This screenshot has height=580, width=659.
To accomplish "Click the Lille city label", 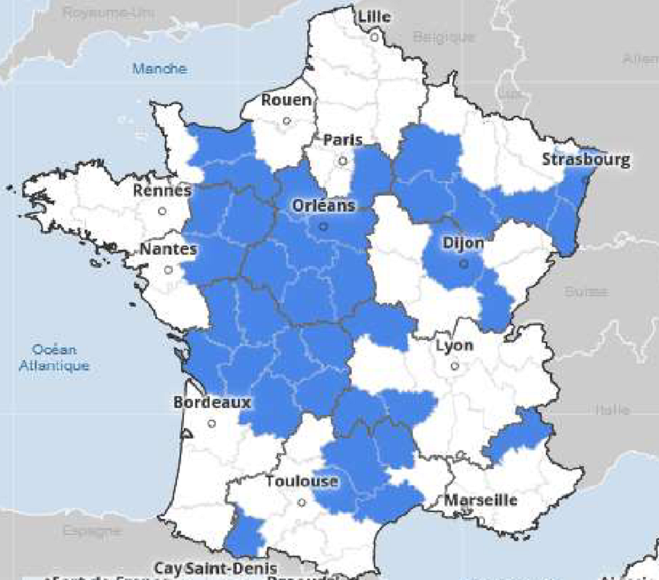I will tap(375, 17).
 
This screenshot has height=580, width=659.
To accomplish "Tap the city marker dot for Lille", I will tap(374, 37).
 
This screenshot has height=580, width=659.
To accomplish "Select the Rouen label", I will tap(286, 101).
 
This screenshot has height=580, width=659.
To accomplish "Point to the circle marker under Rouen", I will tap(286, 121).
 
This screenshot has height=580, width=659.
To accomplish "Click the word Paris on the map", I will tap(343, 140).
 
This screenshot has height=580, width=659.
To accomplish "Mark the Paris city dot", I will tap(343, 161).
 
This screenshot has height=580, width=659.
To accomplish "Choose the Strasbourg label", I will tap(587, 160).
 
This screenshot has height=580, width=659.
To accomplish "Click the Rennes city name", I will tap(162, 190).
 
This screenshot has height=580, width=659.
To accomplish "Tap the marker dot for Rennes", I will tap(162, 211).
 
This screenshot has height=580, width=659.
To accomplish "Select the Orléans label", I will tap(323, 206).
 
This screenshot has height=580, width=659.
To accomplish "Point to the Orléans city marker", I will tap(323, 226).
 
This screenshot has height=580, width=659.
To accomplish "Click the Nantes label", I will tap(169, 249).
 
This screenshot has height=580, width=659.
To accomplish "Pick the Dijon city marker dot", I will tap(463, 264).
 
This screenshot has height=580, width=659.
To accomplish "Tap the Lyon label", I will tap(454, 346).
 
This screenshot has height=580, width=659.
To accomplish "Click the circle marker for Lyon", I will tap(454, 366).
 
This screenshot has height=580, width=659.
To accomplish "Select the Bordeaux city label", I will tap(212, 402).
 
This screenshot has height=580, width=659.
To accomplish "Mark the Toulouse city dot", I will tap(301, 502).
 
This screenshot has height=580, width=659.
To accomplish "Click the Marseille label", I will tap(481, 500).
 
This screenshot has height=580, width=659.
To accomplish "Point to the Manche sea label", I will tap(160, 69).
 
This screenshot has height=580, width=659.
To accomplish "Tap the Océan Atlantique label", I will tap(54, 357).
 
